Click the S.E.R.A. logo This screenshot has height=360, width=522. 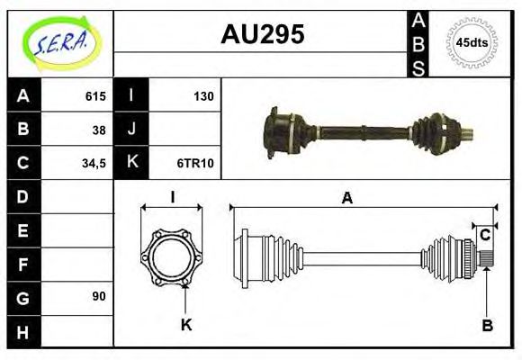tap(59, 41)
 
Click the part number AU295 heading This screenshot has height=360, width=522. tap(262, 34)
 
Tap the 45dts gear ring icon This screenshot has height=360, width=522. tap(472, 42)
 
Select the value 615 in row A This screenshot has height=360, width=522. tap(96, 96)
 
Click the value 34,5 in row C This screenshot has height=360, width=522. tap(94, 163)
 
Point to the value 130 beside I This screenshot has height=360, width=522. tap(202, 96)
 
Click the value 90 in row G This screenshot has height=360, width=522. tap(99, 296)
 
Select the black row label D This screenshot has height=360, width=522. tap(23, 196)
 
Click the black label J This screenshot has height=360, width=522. tap(131, 130)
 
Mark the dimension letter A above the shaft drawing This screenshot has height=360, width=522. tap(346, 198)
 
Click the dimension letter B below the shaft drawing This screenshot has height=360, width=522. tap(487, 325)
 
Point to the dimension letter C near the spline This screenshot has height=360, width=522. tap(484, 236)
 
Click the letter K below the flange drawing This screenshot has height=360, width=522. tap(186, 325)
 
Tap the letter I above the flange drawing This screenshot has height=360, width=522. tap(171, 197)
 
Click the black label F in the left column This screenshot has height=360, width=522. tap(23, 263)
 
